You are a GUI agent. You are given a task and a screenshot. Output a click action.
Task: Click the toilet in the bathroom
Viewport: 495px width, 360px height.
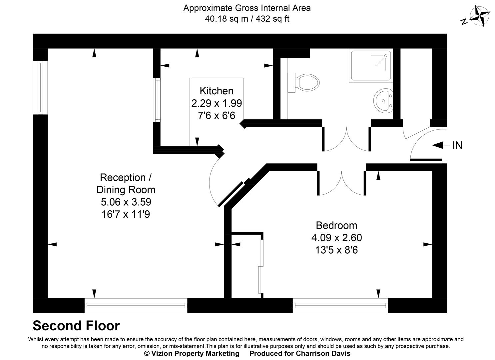click(306, 82)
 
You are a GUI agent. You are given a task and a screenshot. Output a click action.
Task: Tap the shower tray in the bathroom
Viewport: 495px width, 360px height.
click(370, 66)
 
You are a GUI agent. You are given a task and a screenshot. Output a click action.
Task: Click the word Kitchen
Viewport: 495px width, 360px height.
click(217, 91)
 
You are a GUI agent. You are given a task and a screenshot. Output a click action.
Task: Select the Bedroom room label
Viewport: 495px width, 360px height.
click(336, 225)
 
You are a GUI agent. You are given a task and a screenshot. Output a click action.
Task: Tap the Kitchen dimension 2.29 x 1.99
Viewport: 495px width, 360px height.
click(217, 103)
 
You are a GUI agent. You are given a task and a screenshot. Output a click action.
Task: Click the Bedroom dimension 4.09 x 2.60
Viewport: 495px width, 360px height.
click(336, 238)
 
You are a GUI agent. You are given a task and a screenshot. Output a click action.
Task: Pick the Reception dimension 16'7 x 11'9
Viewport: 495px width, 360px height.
click(126, 214)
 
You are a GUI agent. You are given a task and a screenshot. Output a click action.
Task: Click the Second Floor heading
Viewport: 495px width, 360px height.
click(76, 326)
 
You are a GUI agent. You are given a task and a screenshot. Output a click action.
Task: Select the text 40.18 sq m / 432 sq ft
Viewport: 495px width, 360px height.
click(247, 19)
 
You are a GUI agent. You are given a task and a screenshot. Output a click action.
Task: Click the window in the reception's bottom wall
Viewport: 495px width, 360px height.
click(136, 305)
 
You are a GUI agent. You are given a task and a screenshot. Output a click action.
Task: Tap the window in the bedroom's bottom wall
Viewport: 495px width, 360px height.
click(340, 305)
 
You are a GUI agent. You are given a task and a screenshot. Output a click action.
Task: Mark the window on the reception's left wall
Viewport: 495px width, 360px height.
click(40, 88)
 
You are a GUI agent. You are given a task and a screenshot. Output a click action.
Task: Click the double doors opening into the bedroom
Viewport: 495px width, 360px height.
click(342, 183)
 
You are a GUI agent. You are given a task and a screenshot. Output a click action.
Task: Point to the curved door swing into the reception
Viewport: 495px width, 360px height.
click(213, 180)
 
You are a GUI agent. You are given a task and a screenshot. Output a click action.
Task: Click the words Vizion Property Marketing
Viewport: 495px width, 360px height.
click(195, 353)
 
